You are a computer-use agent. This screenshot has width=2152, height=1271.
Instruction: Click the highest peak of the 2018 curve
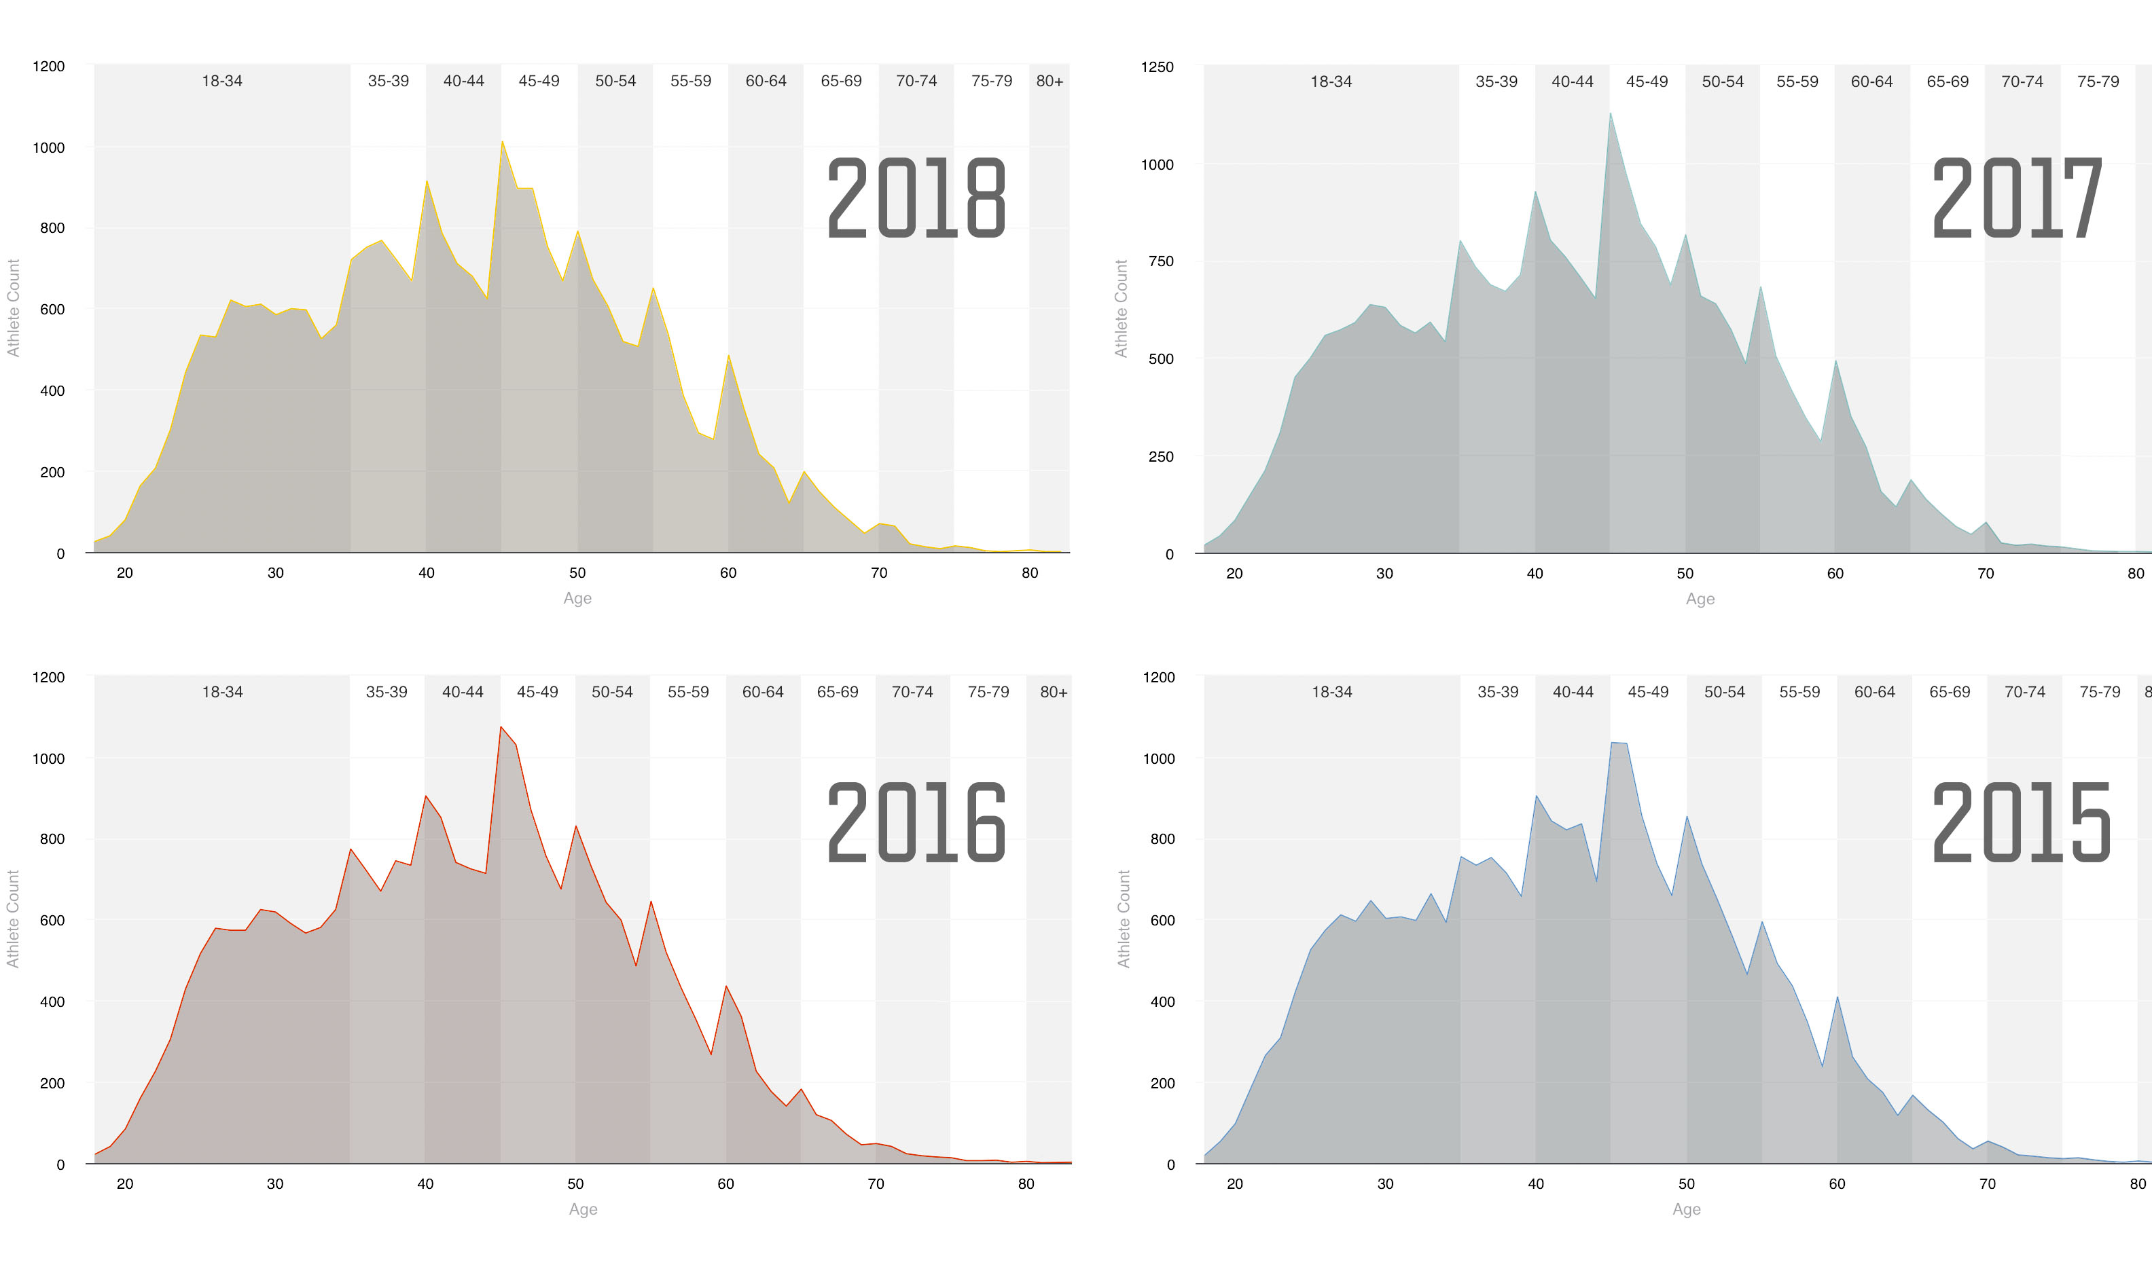click(502, 141)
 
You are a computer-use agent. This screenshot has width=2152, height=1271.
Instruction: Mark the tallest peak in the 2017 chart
click(1610, 113)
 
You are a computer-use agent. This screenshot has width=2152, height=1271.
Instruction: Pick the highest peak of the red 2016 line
click(501, 726)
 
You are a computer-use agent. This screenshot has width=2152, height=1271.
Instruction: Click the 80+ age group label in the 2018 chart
click(1050, 81)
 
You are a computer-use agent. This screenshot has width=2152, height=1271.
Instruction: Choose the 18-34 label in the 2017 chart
click(1331, 82)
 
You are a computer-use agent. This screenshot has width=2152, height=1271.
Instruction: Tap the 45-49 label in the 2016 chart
click(537, 692)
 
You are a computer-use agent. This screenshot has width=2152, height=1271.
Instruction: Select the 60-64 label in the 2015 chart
click(1874, 692)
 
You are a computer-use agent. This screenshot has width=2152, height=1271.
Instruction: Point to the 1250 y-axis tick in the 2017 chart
click(1158, 67)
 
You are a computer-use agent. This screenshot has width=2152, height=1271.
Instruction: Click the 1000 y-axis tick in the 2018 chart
click(49, 147)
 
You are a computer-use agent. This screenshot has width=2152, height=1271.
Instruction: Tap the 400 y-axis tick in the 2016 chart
click(52, 1001)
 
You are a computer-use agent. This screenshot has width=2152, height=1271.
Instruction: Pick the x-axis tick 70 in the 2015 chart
click(1988, 1183)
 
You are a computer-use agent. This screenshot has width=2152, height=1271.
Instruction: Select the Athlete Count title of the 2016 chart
click(13, 919)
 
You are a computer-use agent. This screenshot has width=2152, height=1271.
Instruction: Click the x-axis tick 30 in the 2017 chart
click(1384, 574)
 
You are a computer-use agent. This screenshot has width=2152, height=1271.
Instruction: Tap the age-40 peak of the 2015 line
click(1536, 796)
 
